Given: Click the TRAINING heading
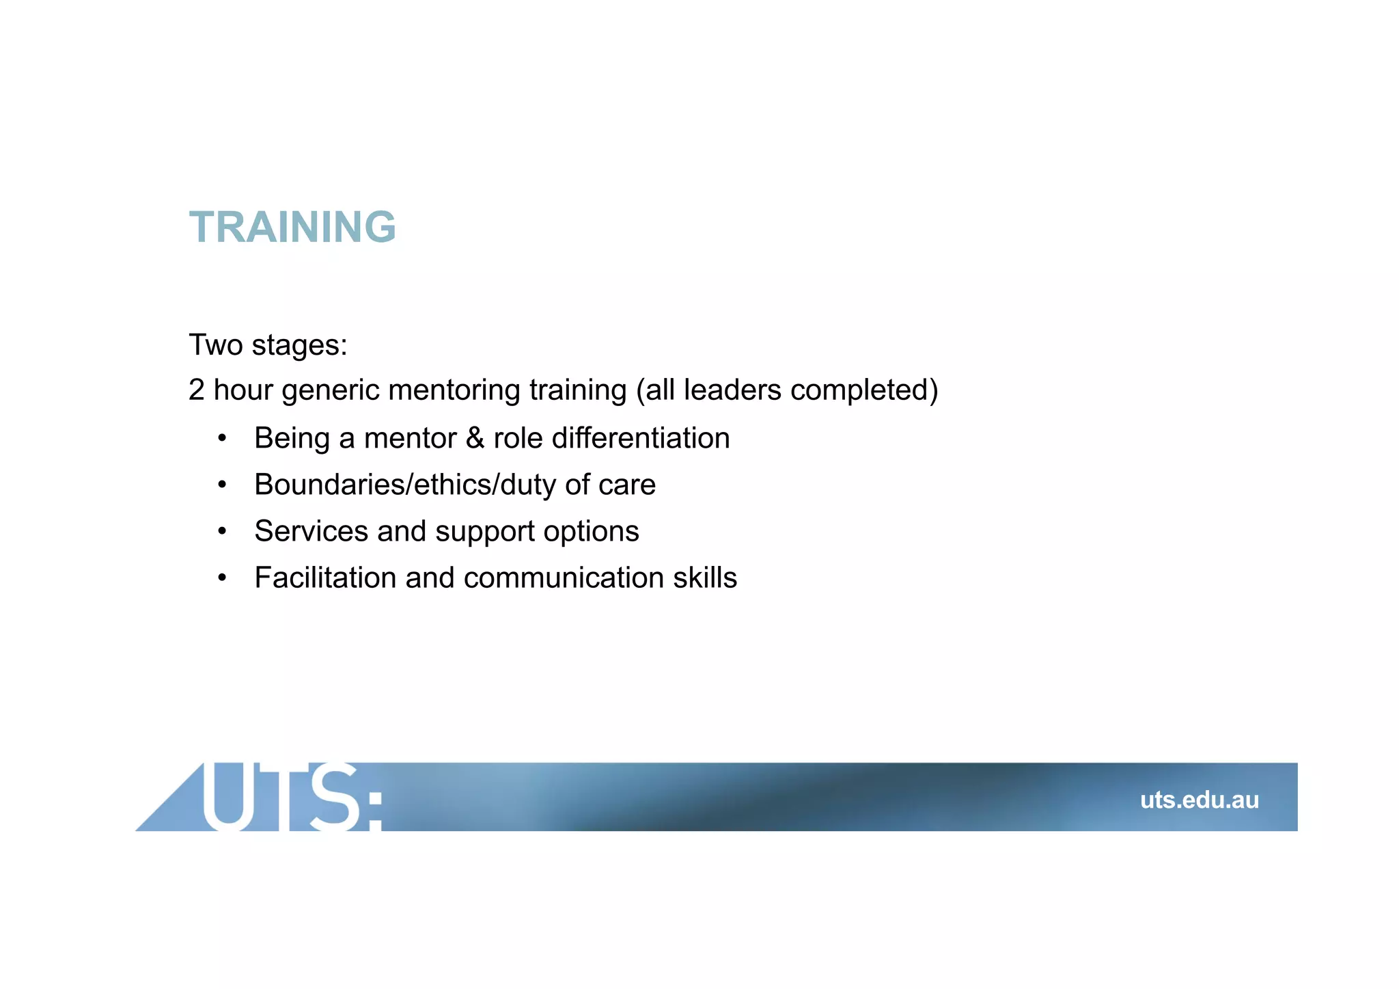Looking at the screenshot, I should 292,227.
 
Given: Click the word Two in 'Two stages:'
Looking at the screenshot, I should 215,344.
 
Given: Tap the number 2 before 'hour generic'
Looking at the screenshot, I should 196,390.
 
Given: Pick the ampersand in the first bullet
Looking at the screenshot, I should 475,438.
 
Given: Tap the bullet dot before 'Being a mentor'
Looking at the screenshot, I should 221,439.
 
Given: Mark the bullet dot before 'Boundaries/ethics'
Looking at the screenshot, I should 221,485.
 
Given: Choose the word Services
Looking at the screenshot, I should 311,531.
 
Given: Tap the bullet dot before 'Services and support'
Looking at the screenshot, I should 221,532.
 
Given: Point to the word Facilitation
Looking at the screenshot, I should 325,578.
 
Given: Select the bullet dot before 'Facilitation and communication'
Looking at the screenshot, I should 221,578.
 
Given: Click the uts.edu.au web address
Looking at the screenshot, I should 1199,800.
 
